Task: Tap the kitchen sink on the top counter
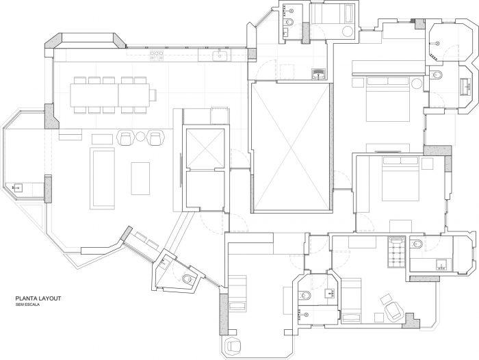(x=220, y=55)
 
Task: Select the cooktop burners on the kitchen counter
(x=157, y=55)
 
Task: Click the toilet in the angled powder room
(x=187, y=278)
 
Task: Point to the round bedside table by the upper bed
(x=418, y=83)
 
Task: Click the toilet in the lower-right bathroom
(x=417, y=244)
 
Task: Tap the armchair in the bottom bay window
(x=234, y=346)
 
